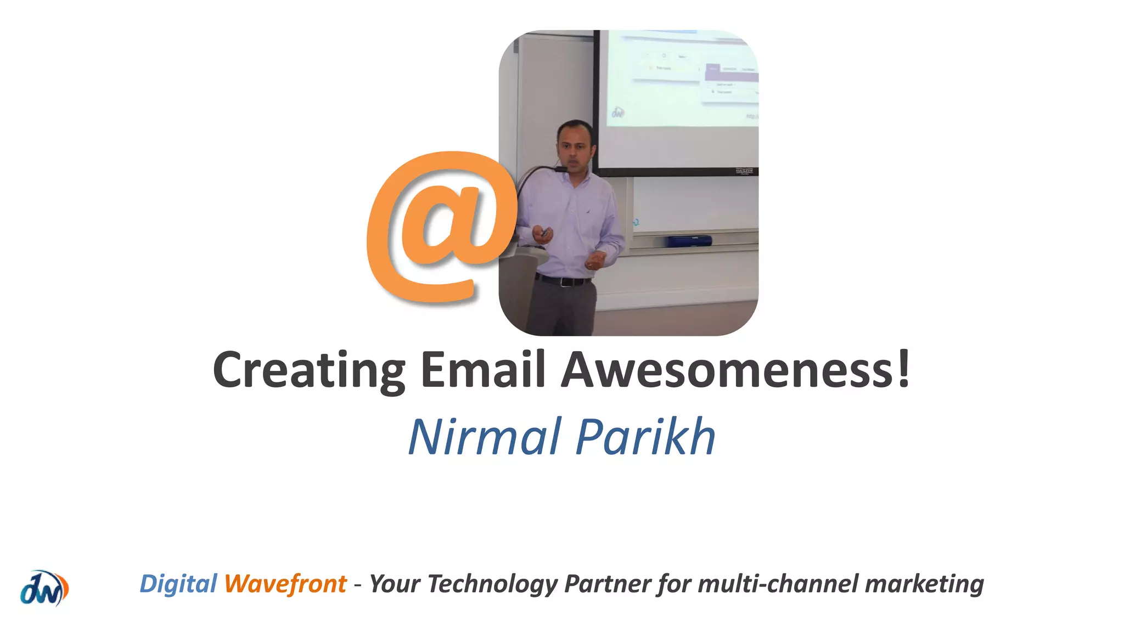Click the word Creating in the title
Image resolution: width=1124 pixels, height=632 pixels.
click(x=309, y=370)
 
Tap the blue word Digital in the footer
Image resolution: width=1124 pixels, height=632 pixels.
click(x=178, y=584)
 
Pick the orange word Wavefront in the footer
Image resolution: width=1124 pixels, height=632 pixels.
click(x=285, y=584)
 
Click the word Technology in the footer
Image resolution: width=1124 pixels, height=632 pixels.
click(x=492, y=584)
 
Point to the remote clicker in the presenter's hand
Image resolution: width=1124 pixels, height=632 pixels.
click(x=545, y=233)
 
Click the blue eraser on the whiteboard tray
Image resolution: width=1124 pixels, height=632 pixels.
click(x=689, y=240)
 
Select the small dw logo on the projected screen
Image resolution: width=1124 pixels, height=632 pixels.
click(x=618, y=112)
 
